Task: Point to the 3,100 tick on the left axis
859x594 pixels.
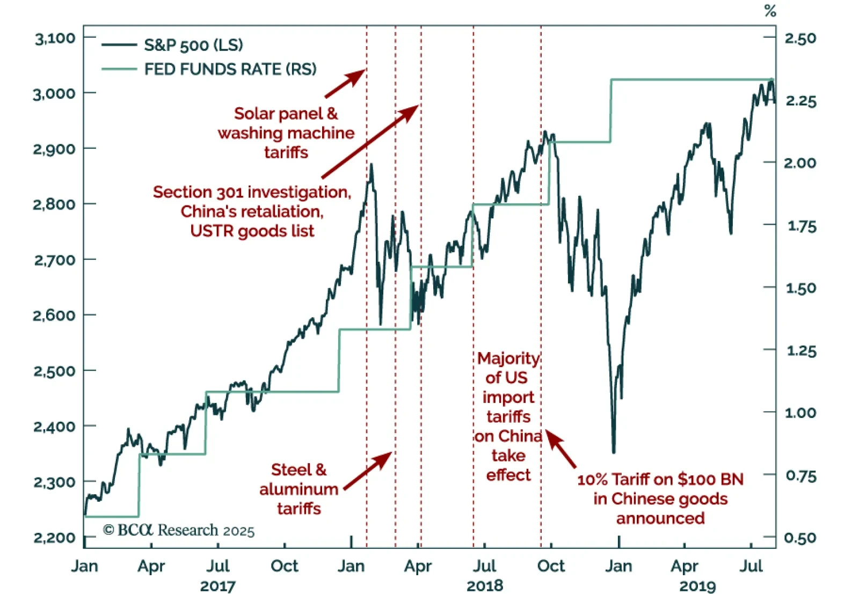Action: pyautogui.click(x=55, y=38)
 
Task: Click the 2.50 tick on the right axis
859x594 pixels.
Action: pyautogui.click(x=800, y=38)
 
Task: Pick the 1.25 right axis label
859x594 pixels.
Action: pyautogui.click(x=800, y=351)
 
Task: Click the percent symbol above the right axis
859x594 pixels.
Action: pyautogui.click(x=770, y=11)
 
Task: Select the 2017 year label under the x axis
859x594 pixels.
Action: pyautogui.click(x=217, y=586)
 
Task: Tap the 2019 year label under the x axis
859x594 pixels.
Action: pyautogui.click(x=697, y=586)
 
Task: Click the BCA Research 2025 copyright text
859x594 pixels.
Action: pyautogui.click(x=179, y=530)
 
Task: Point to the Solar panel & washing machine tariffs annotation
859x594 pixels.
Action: pyautogui.click(x=286, y=133)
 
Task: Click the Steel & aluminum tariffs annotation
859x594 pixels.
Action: pyautogui.click(x=299, y=489)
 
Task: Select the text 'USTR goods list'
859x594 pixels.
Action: pyautogui.click(x=252, y=231)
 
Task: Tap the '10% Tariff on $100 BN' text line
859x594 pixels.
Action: pyautogui.click(x=660, y=479)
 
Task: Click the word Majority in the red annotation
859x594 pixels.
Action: pyautogui.click(x=508, y=358)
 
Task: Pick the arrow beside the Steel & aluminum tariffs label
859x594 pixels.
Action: pyautogui.click(x=368, y=470)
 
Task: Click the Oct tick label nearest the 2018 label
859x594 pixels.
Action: pyautogui.click(x=551, y=566)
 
